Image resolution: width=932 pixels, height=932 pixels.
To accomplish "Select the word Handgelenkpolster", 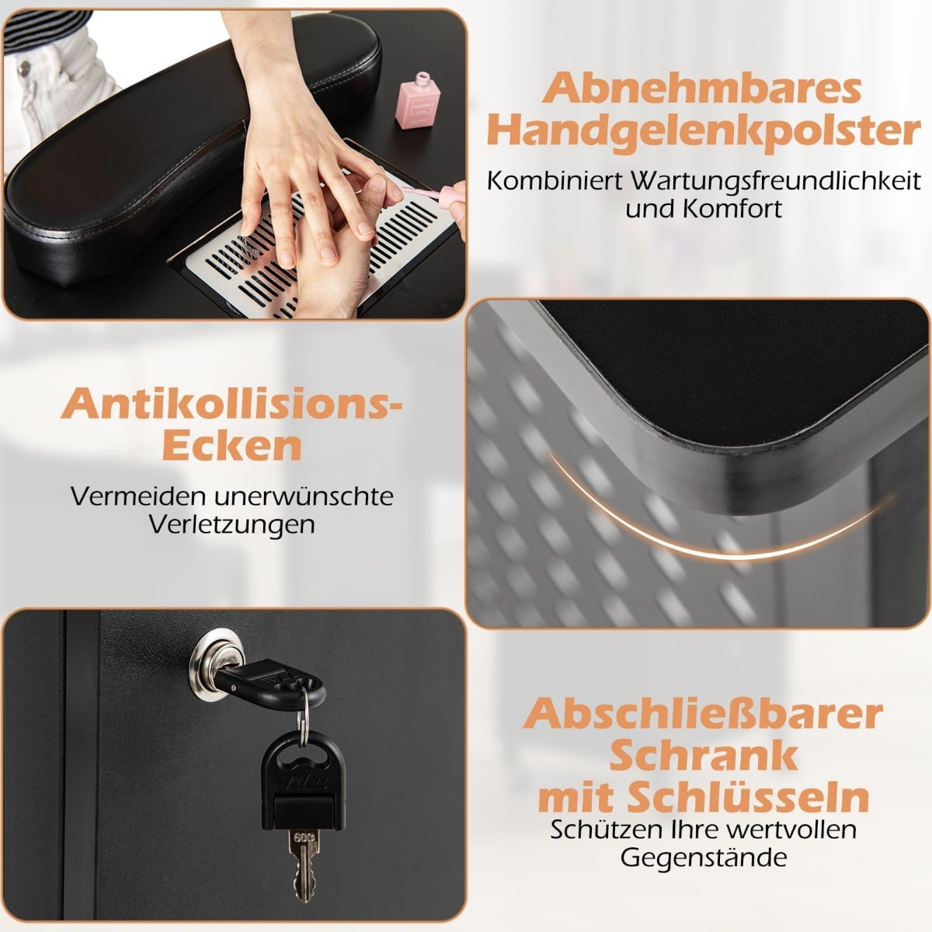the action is (x=703, y=131).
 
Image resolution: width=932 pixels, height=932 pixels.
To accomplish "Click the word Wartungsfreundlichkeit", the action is (x=775, y=182).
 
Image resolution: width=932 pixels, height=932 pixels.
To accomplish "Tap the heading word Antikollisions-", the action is (x=231, y=403).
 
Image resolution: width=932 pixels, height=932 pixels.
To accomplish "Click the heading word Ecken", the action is (x=232, y=446).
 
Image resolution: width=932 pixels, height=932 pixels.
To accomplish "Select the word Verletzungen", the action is (x=231, y=525).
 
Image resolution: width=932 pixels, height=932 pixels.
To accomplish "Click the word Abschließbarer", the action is (x=703, y=715).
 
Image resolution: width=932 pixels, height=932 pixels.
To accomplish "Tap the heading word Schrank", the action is (x=703, y=757).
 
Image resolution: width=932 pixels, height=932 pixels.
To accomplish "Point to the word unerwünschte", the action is (x=304, y=496).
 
